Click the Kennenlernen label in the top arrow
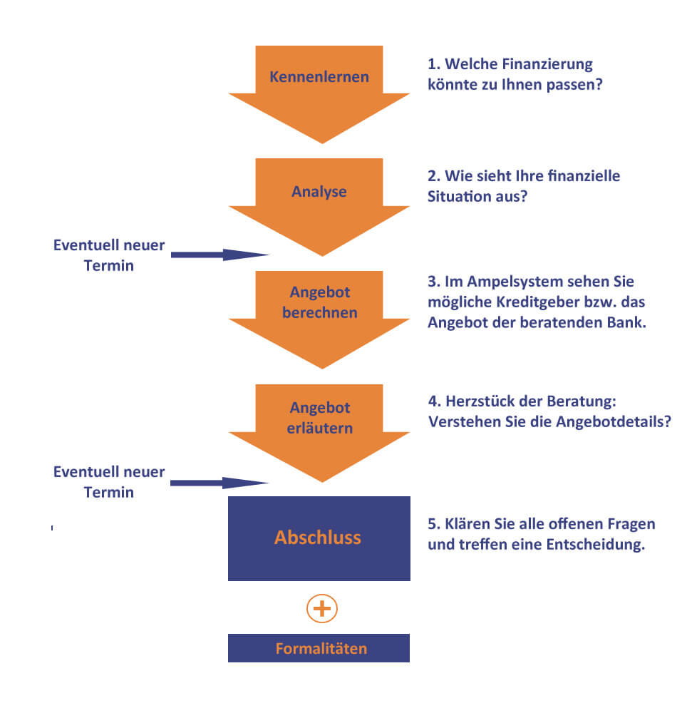319,77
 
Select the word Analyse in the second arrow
319,192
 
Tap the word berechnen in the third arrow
320,312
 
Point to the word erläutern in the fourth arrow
320,428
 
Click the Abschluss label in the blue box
318,538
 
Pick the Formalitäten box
319,648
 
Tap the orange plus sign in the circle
322,608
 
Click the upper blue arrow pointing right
220,255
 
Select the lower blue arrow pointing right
219,483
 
